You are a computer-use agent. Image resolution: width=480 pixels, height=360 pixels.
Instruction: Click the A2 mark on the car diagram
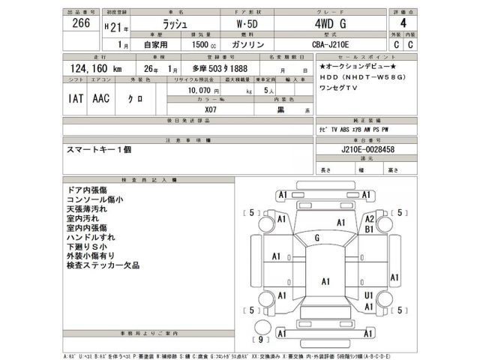[x=369, y=219]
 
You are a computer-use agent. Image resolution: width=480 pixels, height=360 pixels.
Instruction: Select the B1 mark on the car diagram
[x=369, y=230]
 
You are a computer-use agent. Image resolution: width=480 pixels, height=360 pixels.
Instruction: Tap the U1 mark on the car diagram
[x=368, y=296]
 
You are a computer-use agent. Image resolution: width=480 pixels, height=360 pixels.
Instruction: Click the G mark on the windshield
[x=317, y=238]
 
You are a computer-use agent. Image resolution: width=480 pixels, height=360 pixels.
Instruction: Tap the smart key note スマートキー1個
[x=99, y=150]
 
